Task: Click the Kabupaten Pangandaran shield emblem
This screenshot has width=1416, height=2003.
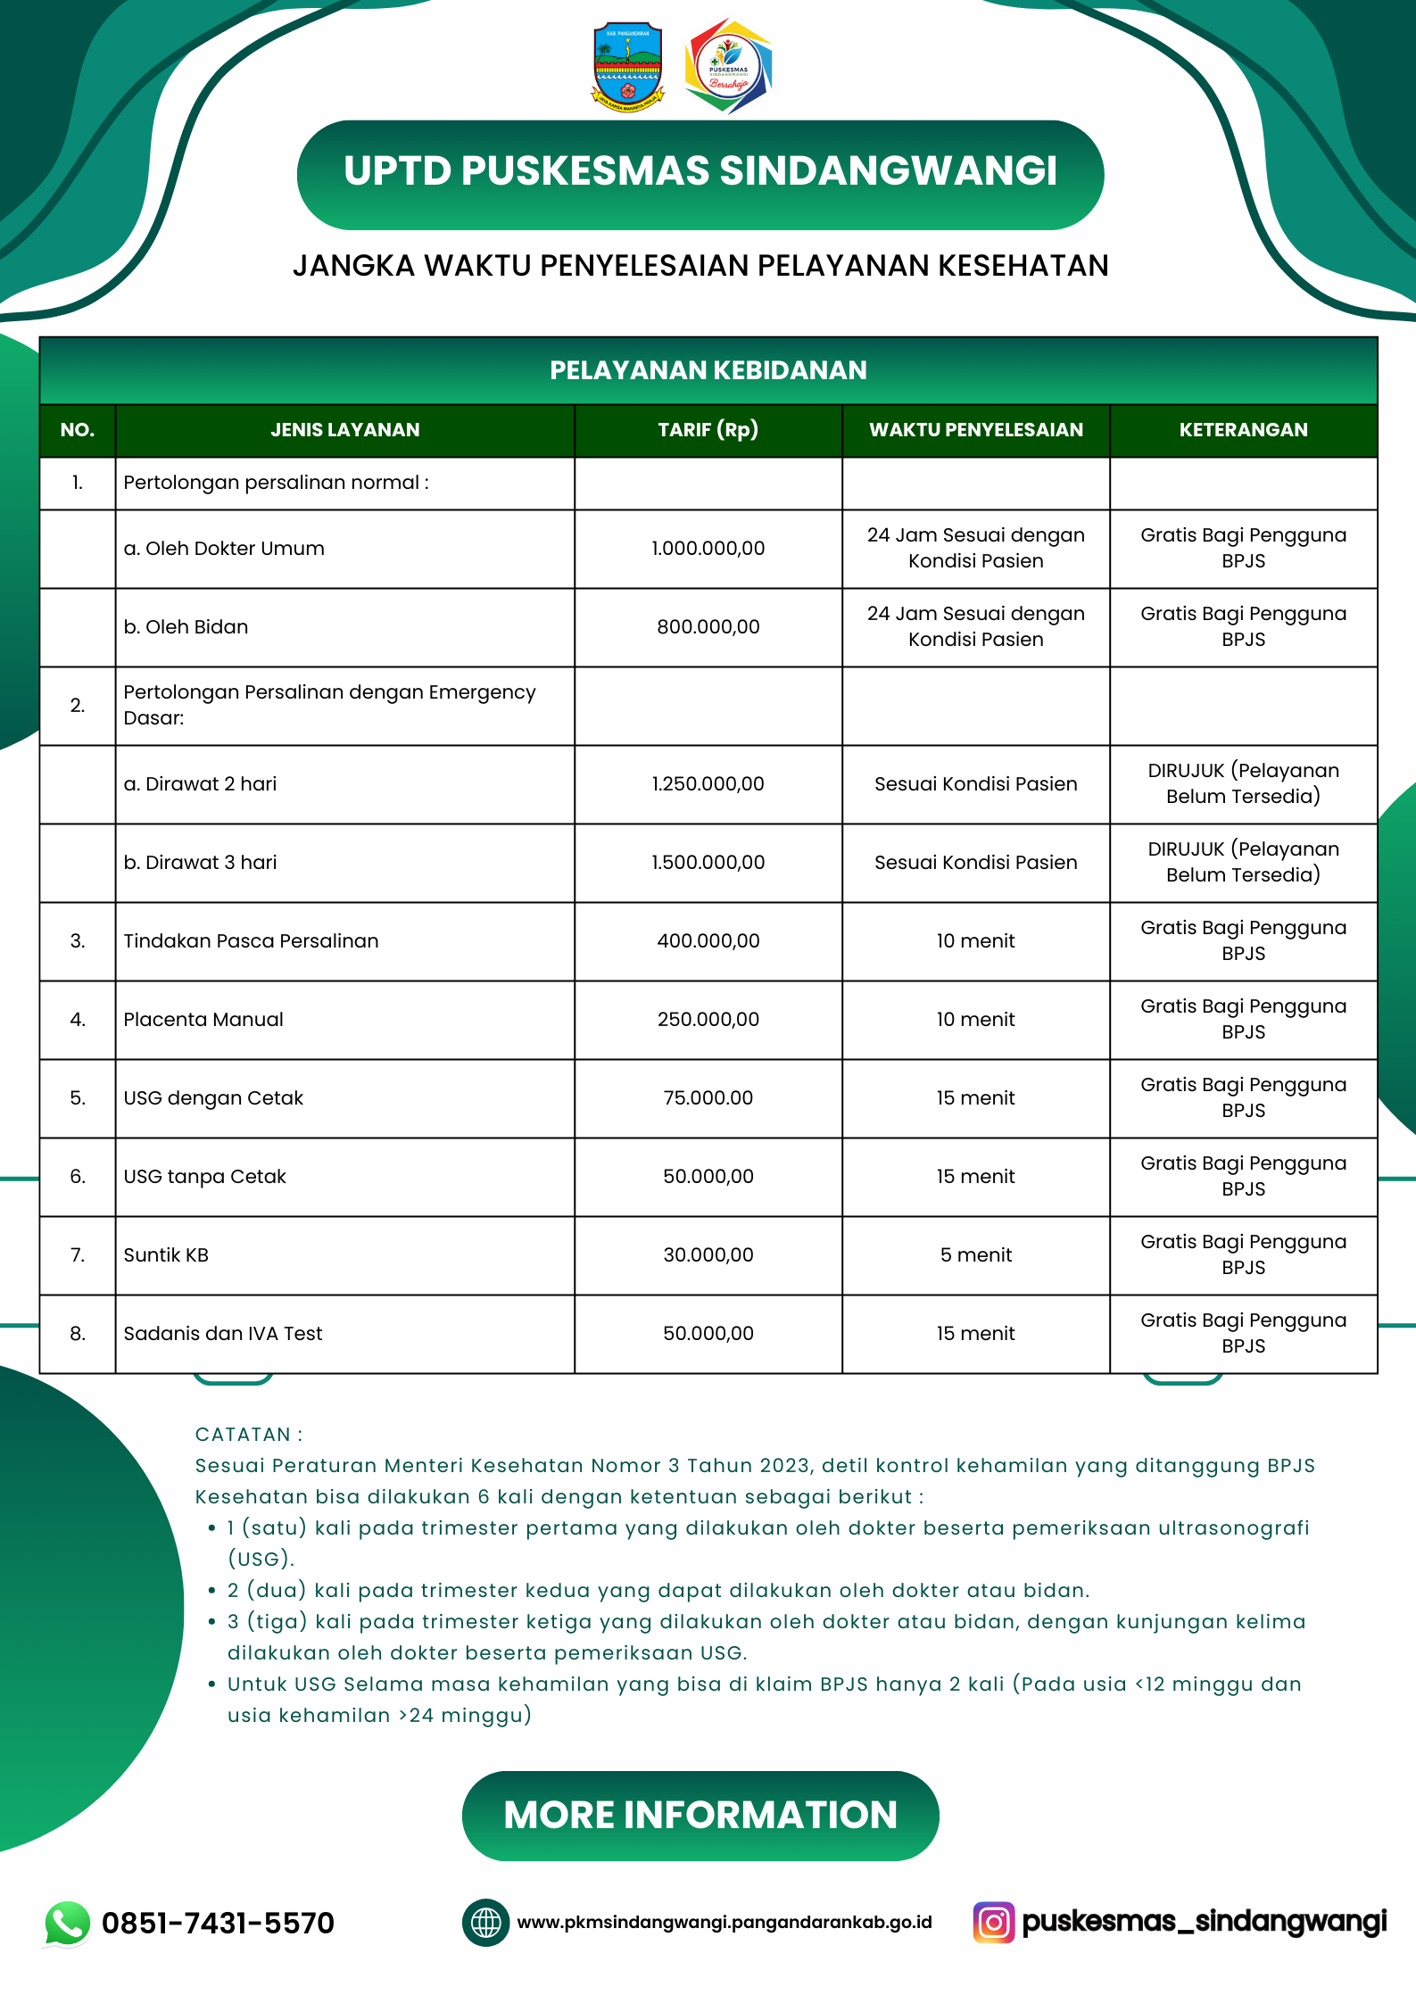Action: click(628, 67)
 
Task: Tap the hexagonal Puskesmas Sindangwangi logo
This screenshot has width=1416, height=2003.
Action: click(728, 67)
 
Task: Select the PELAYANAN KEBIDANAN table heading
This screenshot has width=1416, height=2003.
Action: click(708, 370)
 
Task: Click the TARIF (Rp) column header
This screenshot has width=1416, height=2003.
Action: click(708, 430)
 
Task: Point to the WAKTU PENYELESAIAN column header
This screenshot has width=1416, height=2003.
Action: click(975, 430)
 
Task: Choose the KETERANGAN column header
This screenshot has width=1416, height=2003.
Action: click(1243, 430)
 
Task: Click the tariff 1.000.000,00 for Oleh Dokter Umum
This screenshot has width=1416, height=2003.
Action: click(708, 549)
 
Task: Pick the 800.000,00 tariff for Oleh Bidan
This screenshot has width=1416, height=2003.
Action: click(708, 627)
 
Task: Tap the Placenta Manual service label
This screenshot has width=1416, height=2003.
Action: click(203, 1020)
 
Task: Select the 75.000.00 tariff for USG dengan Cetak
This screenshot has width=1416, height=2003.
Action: click(708, 1098)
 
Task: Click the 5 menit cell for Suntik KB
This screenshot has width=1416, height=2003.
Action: click(975, 1255)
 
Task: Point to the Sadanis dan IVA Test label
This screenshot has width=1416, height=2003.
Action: click(223, 1334)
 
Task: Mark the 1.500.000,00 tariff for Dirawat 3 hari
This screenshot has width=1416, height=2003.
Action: click(708, 863)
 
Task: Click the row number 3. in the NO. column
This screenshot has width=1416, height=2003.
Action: click(78, 941)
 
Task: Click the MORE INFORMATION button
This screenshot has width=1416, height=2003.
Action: click(700, 1816)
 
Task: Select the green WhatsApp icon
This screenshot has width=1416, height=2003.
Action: click(68, 1923)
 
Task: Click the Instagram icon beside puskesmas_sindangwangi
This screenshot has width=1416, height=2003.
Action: click(994, 1922)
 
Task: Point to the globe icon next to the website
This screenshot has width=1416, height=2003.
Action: click(485, 1922)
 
